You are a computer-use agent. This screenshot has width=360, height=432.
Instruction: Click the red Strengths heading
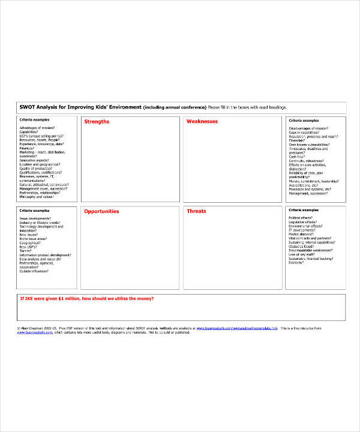coord(97,122)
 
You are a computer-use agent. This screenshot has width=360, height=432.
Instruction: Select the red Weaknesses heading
coord(202,122)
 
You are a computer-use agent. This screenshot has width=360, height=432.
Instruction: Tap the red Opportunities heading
coord(101,212)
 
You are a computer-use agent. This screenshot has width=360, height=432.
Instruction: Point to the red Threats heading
coord(196,212)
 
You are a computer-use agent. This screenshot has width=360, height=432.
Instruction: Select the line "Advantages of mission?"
coord(37,128)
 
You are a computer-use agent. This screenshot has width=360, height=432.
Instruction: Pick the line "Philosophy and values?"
coord(37,197)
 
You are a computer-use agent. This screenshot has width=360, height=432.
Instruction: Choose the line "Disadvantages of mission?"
coord(308,128)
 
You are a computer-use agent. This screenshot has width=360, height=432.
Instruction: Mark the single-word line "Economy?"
coord(296,263)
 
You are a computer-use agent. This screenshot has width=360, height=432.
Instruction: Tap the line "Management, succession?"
coord(307,193)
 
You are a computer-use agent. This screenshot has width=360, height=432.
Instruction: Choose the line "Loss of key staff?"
coord(302,254)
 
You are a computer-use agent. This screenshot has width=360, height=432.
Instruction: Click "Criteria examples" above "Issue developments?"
coord(34,210)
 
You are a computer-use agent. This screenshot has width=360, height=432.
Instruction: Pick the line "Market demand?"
coord(302,235)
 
